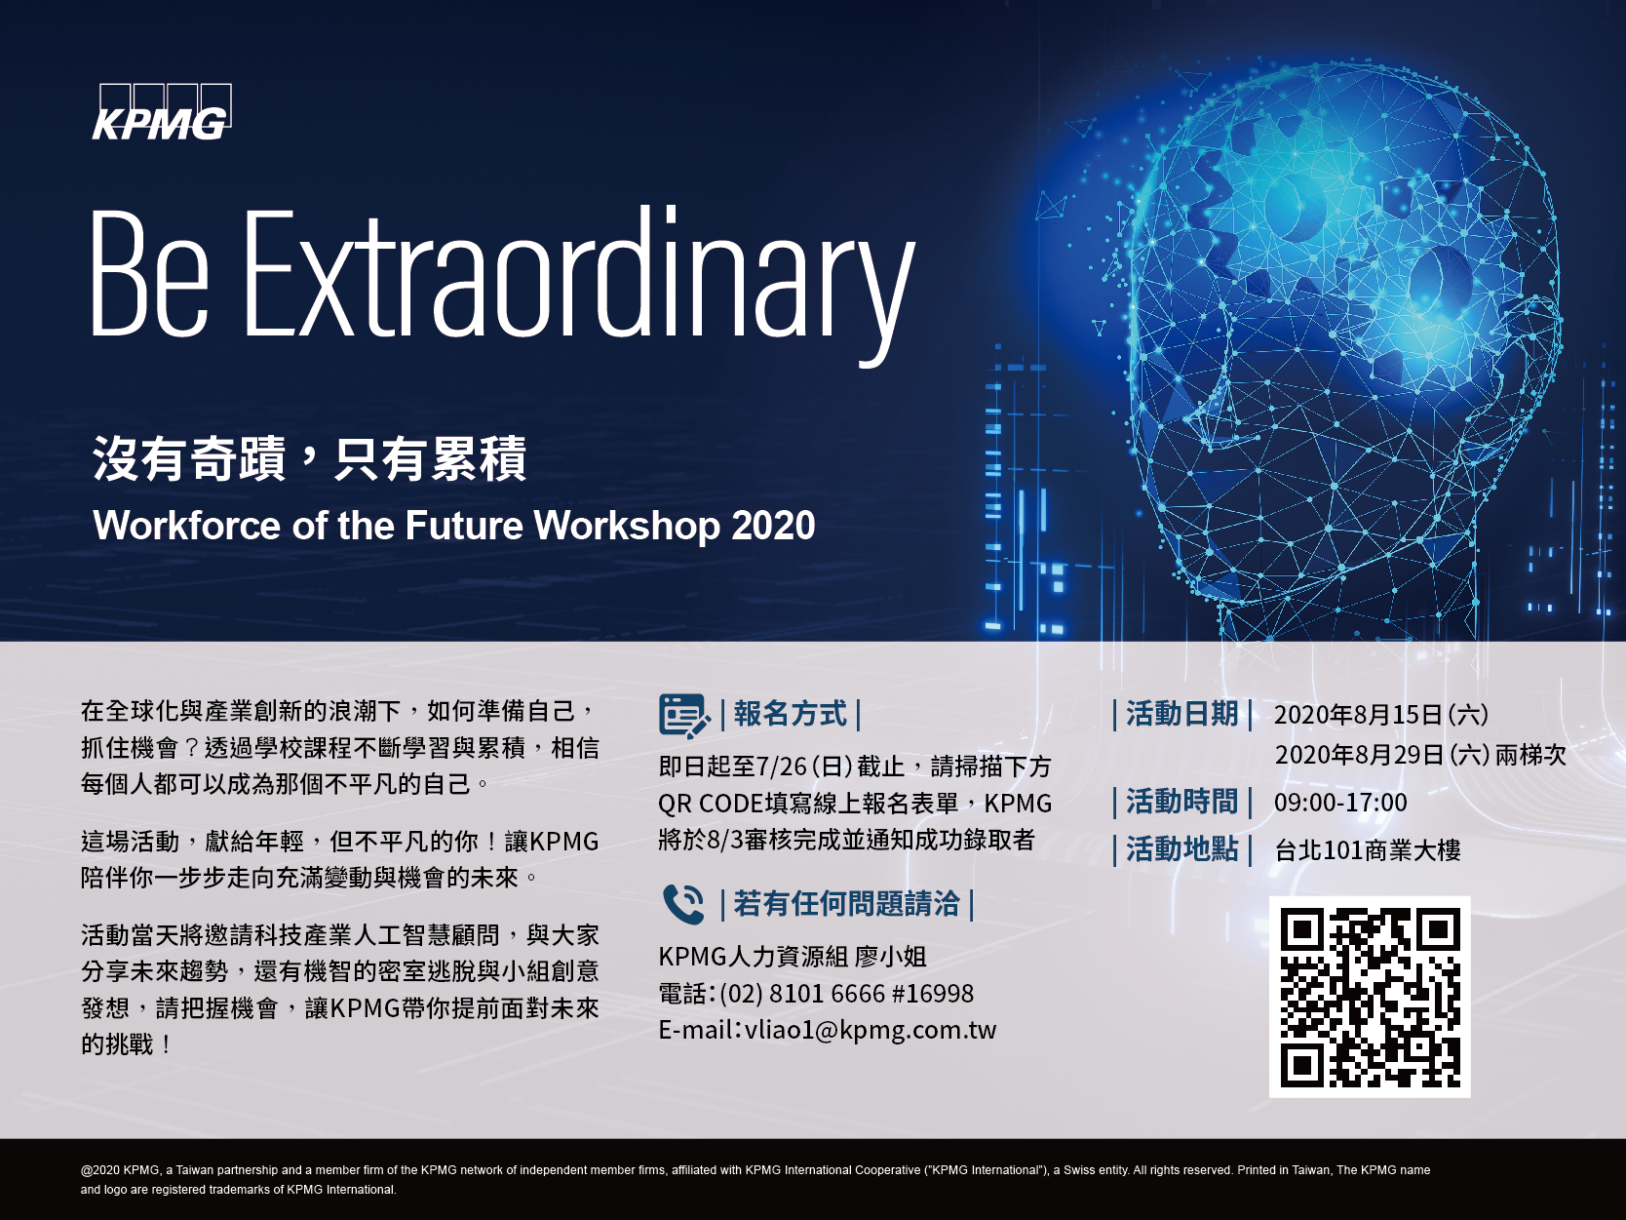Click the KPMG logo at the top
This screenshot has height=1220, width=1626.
(162, 112)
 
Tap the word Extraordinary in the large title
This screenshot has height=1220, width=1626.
(579, 285)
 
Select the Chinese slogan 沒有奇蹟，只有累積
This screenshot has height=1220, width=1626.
(310, 458)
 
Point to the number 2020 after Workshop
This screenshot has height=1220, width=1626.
(773, 526)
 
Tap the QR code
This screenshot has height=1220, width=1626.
(1370, 997)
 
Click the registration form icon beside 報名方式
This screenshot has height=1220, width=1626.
(683, 716)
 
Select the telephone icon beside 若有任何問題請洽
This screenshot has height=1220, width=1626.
(683, 904)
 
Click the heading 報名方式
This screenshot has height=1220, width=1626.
(790, 714)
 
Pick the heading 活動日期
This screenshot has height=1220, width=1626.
(1182, 714)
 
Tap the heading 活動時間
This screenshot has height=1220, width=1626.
(1182, 802)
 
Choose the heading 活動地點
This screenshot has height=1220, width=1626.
(1182, 848)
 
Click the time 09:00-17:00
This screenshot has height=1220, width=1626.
(1340, 803)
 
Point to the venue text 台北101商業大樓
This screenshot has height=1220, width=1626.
(1368, 849)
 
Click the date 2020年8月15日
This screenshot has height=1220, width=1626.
(1358, 715)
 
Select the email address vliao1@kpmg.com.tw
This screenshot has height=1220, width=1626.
(871, 1030)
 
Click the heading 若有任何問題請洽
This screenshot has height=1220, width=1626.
(846, 904)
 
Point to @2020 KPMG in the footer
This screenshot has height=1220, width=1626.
(120, 1170)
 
